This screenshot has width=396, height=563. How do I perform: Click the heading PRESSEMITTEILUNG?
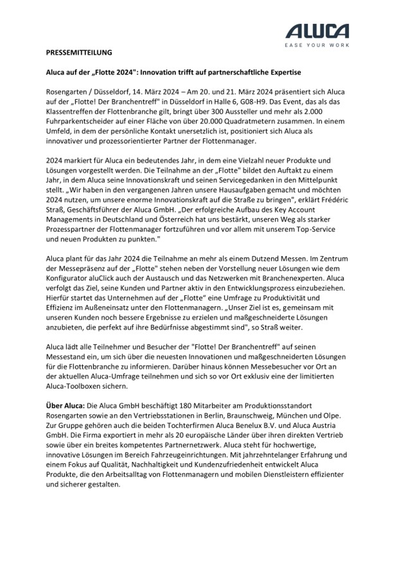[x=79, y=51]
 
